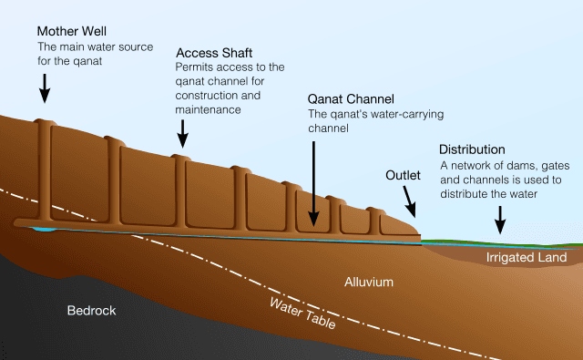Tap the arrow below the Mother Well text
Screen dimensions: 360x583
(x=45, y=87)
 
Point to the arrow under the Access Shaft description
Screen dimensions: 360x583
(x=183, y=135)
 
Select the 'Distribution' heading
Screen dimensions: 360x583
(x=472, y=149)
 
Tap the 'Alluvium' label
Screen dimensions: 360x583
(x=369, y=283)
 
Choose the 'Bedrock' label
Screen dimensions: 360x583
(x=92, y=311)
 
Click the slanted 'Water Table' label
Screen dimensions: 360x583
(x=303, y=313)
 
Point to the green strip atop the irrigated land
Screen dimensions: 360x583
(x=510, y=242)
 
